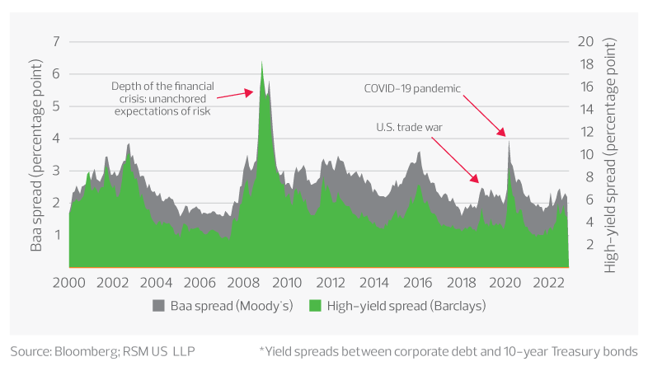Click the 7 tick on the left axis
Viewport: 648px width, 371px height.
57,42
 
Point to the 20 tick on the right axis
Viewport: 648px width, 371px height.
586,42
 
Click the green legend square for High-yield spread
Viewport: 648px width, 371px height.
313,306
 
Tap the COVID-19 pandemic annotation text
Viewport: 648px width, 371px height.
412,87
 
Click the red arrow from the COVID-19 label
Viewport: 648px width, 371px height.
483,115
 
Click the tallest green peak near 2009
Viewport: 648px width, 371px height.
262,64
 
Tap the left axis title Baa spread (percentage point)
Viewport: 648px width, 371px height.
36,155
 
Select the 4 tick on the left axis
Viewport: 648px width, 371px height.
57,139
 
